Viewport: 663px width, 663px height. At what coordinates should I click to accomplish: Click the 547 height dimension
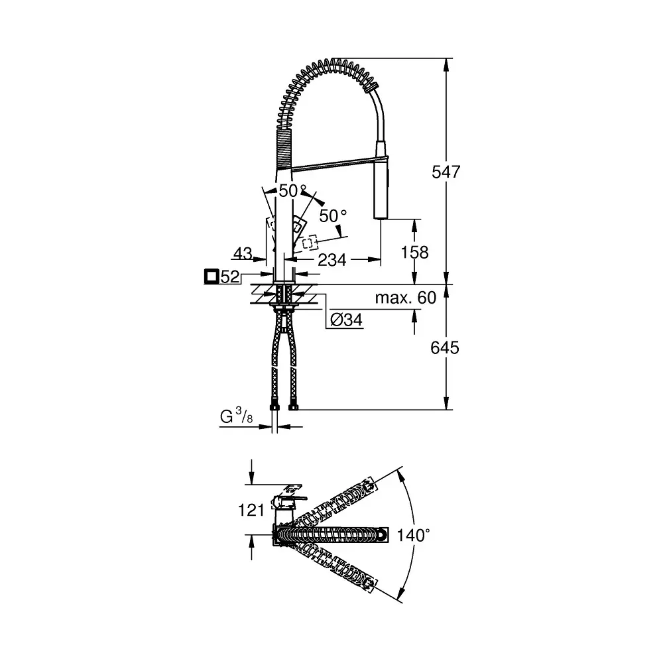[x=446, y=172]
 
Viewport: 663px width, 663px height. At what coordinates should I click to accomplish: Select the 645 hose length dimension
[x=444, y=347]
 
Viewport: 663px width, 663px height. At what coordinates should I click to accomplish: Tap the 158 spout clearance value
[x=414, y=253]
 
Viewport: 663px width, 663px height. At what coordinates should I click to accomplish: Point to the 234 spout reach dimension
[x=332, y=260]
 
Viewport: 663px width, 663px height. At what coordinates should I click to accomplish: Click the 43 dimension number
[x=243, y=253]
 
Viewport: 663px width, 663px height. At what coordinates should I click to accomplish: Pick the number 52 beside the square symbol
[x=230, y=277]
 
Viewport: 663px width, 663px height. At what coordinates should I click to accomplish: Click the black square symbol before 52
[x=211, y=276]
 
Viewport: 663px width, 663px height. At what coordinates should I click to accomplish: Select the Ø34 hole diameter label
[x=346, y=320]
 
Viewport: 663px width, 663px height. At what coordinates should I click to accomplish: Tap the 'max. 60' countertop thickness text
[x=406, y=298]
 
